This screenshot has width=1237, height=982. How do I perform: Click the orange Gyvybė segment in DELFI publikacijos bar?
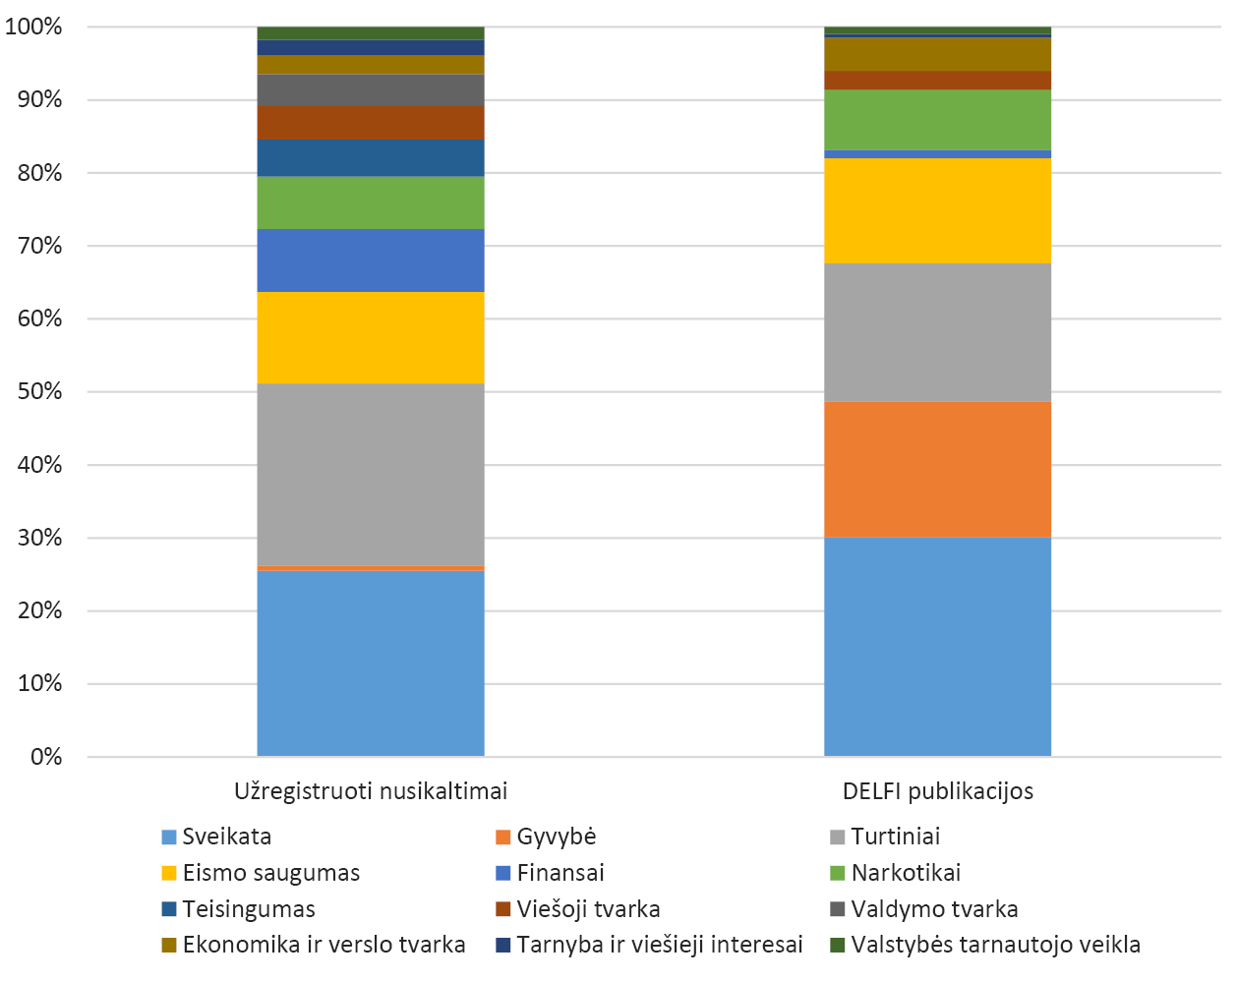tap(937, 469)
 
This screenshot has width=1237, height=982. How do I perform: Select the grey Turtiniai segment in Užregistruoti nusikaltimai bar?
tap(371, 474)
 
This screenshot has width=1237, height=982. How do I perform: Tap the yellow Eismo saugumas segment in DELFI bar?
tap(937, 210)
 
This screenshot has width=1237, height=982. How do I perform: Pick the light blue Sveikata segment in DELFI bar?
tap(937, 646)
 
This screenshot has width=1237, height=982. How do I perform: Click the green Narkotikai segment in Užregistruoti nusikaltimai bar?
tap(371, 202)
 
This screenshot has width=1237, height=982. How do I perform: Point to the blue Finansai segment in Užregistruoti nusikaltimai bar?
tap(371, 260)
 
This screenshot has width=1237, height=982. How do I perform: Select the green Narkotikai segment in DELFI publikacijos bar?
tap(937, 119)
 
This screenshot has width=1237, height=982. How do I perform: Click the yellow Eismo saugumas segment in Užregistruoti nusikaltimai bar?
tap(371, 337)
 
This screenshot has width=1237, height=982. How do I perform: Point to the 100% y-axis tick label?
tap(33, 27)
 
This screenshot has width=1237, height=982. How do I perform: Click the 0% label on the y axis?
tap(45, 757)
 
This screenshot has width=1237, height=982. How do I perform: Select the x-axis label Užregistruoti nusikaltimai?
tap(371, 791)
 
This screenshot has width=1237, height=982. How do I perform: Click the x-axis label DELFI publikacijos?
tap(937, 791)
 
